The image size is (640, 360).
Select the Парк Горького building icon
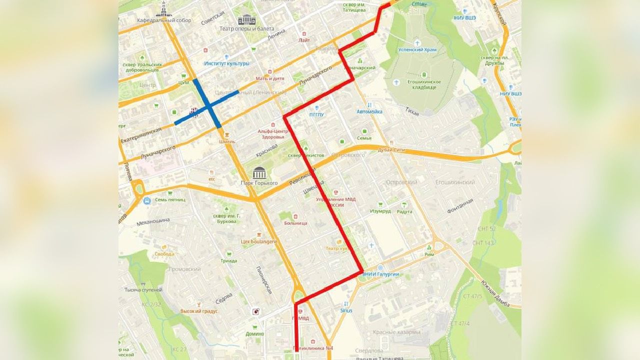coord(259,173)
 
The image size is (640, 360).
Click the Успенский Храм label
coord(419,50)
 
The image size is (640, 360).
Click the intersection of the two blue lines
coord(206,105)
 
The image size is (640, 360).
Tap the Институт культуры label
coord(226,63)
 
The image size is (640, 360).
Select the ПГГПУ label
coord(317,114)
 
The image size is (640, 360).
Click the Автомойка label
coord(369,111)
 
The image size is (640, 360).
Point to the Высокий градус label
coord(199,311)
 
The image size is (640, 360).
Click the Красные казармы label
coord(396,332)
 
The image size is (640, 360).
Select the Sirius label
coord(346,310)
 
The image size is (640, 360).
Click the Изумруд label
coord(380,211)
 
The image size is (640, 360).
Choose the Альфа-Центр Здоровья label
coord(271,134)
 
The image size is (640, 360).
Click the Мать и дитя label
coord(270,78)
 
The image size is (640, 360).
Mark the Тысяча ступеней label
coord(143,290)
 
